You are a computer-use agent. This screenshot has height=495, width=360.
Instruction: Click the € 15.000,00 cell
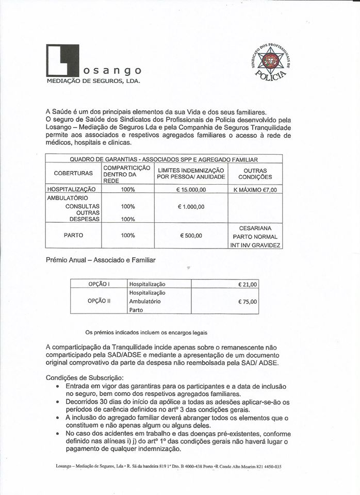click(x=191, y=190)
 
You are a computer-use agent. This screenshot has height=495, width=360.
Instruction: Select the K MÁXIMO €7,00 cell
click(x=255, y=190)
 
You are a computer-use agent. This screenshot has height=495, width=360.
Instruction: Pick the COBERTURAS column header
click(x=74, y=173)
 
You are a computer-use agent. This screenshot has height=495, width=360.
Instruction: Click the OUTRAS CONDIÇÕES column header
click(x=255, y=173)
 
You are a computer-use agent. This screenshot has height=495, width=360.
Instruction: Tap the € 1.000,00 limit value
click(x=191, y=206)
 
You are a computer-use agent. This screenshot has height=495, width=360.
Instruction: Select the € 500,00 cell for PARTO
click(x=191, y=236)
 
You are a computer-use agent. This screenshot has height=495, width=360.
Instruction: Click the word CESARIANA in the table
click(x=255, y=227)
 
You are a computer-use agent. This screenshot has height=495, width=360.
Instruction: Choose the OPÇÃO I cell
click(x=99, y=284)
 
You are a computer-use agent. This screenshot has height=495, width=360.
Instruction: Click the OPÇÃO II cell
click(x=99, y=301)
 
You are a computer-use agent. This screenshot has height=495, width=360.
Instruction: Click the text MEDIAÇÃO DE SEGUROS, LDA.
click(x=93, y=81)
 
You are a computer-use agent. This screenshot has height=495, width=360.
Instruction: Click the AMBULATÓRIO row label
click(x=68, y=198)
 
